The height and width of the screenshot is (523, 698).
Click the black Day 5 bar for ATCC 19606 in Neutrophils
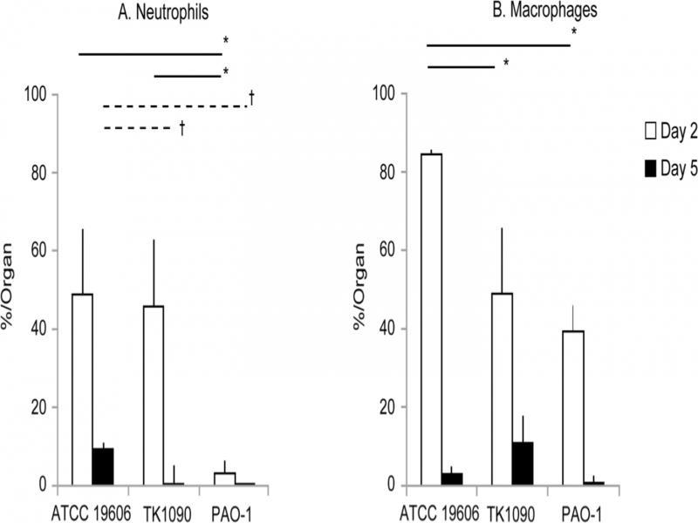[x=103, y=466]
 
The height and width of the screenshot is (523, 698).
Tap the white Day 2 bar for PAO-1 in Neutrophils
[x=225, y=479]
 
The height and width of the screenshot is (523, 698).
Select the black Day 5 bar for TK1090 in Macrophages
[x=522, y=463]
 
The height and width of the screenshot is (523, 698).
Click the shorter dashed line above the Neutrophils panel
[x=138, y=129]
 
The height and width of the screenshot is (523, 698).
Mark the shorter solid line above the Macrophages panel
[x=461, y=65]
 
